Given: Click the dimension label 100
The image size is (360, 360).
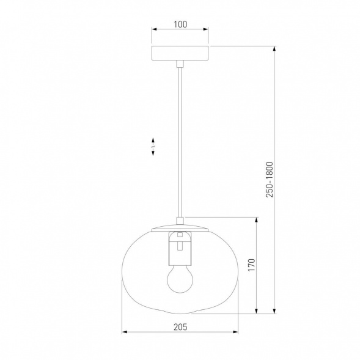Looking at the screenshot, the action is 180,24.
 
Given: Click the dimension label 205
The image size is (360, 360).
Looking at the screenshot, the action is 180,327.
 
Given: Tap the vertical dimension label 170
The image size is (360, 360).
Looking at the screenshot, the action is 252,265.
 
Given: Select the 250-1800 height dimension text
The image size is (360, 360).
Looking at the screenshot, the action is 270,180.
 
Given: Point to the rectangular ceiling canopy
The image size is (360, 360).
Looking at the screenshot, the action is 180,53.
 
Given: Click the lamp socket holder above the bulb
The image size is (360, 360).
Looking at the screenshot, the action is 180,248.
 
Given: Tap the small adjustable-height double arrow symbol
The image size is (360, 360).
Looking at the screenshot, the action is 153,147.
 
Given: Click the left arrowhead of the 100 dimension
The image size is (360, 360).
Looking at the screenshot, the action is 154,29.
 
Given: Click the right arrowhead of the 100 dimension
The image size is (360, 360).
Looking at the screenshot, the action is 206,29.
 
